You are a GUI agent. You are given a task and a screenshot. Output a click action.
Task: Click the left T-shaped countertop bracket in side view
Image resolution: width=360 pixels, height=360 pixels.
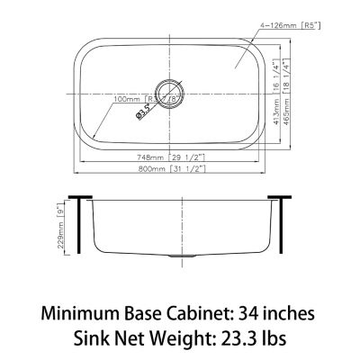84,225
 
